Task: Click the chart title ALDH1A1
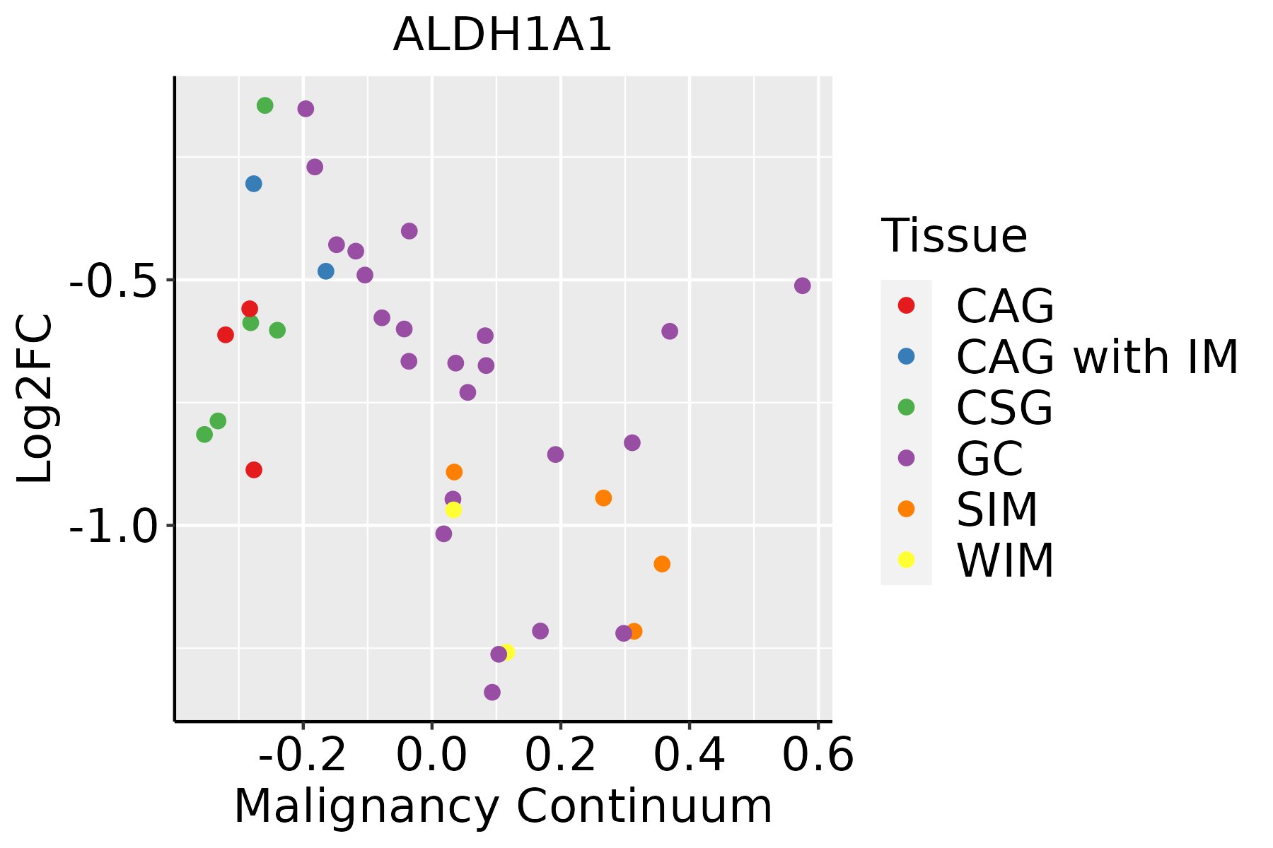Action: tap(502, 35)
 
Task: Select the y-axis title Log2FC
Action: tap(35, 399)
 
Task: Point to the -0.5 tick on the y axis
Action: tap(110, 281)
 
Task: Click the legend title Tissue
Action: tap(954, 236)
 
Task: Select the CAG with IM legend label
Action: tap(1097, 357)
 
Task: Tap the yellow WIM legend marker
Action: tap(906, 560)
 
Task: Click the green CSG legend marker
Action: tap(906, 407)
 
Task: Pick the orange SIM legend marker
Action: tap(906, 509)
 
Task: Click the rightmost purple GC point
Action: tap(802, 285)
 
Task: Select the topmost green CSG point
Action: tap(265, 105)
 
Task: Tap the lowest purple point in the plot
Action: tap(492, 692)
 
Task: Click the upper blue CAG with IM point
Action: tap(254, 184)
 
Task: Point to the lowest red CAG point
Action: tap(254, 470)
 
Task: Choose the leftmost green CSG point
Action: tap(204, 434)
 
